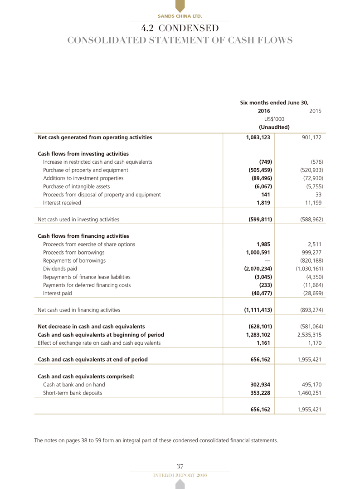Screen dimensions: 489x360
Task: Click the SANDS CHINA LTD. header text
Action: click(x=180, y=17)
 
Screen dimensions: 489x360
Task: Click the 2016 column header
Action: click(x=263, y=111)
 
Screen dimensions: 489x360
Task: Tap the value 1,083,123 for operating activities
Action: click(x=257, y=137)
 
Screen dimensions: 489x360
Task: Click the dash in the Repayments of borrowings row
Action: click(x=267, y=260)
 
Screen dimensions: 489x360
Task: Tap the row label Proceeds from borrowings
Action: click(x=73, y=252)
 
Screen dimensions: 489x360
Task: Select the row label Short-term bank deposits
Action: click(x=72, y=393)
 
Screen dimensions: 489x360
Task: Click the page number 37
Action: click(x=180, y=466)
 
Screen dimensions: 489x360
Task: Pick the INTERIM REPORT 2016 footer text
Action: click(x=180, y=475)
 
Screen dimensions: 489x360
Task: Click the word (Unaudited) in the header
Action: click(x=271, y=127)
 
